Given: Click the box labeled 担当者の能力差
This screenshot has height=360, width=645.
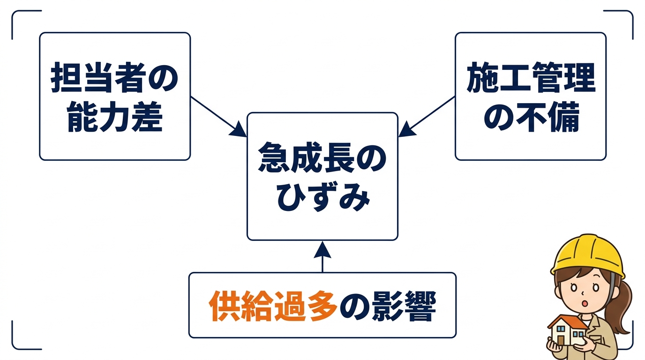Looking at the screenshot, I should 115,96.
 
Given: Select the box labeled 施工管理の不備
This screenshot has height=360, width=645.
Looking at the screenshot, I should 530,96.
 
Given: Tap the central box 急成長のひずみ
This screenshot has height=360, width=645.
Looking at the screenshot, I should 322,176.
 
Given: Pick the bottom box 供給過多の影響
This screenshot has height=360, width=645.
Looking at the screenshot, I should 322,305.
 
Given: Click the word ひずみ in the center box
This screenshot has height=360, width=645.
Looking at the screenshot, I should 322,197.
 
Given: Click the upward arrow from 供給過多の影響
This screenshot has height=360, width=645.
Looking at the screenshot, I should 322,256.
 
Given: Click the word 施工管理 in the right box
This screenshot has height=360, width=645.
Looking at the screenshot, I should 530,78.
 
